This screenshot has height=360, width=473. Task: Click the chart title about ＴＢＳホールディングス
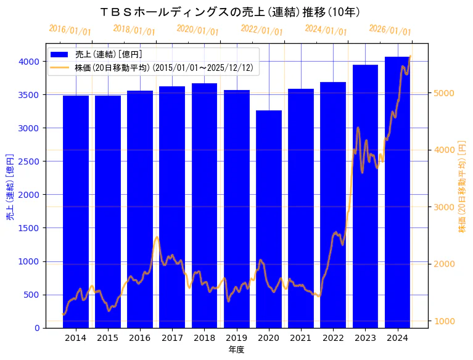(229, 12)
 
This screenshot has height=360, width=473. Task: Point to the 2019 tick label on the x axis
(236, 338)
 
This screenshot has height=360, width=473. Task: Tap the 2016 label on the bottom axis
(140, 338)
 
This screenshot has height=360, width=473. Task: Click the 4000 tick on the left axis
(30, 62)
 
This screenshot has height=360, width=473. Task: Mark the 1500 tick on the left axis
(30, 228)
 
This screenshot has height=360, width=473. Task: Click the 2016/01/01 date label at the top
(70, 30)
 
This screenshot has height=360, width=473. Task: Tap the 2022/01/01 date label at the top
(262, 30)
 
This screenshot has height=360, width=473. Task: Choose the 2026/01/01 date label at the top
(390, 30)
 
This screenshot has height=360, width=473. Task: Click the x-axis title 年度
(236, 350)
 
